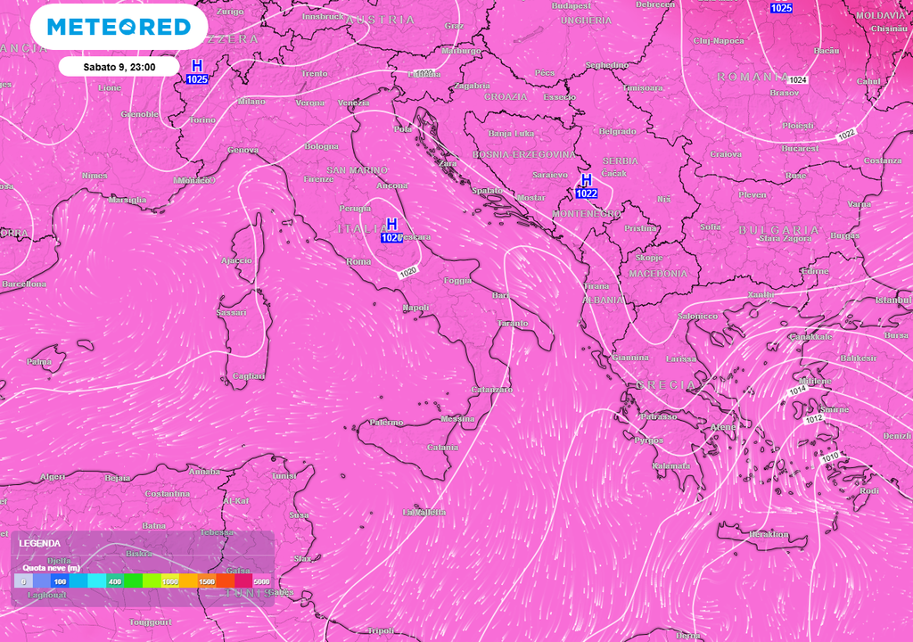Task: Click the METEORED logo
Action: pyautogui.click(x=119, y=27)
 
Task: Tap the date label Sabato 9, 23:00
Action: pyautogui.click(x=119, y=66)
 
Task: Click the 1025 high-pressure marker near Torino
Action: pyautogui.click(x=197, y=72)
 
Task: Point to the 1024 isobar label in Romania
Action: pyautogui.click(x=798, y=80)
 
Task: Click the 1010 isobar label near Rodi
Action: pyautogui.click(x=830, y=457)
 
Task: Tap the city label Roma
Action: pyautogui.click(x=358, y=262)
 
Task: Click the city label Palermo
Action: pyautogui.click(x=386, y=422)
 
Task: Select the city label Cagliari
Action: pyautogui.click(x=248, y=376)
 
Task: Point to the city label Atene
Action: pyautogui.click(x=721, y=427)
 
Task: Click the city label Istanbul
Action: pyautogui.click(x=893, y=300)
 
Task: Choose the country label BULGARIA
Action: pyautogui.click(x=778, y=229)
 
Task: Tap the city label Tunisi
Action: pyautogui.click(x=284, y=476)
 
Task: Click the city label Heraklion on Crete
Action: pyautogui.click(x=769, y=534)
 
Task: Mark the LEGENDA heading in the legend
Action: pyautogui.click(x=40, y=543)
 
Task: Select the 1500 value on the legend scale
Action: pyautogui.click(x=207, y=581)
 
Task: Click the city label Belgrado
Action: pyautogui.click(x=617, y=131)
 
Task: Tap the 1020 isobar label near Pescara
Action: pyautogui.click(x=408, y=271)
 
